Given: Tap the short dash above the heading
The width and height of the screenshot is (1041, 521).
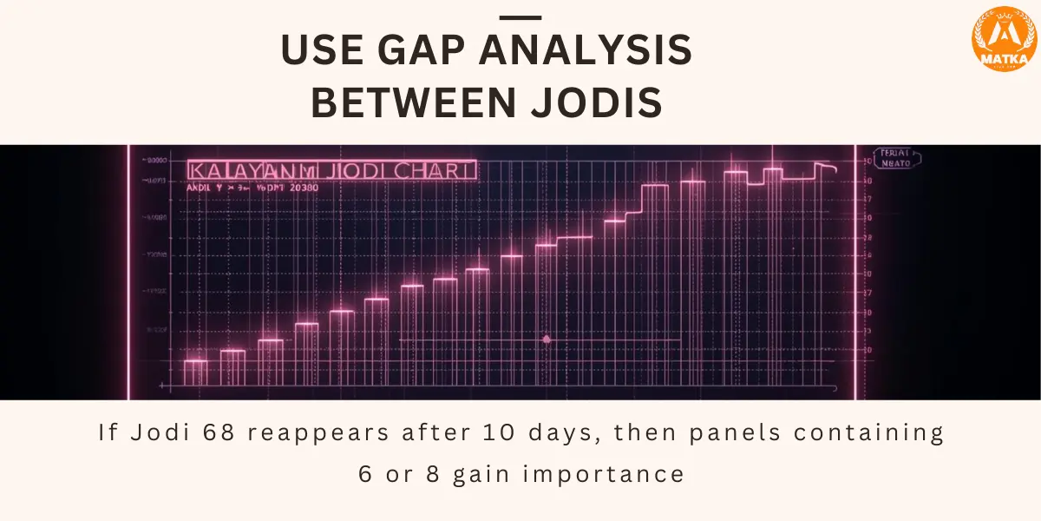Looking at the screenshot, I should pyautogui.click(x=521, y=17).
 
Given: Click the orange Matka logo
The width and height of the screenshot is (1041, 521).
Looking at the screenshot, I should pyautogui.click(x=1004, y=38).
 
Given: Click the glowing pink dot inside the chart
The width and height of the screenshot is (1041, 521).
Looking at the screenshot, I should pyautogui.click(x=546, y=340).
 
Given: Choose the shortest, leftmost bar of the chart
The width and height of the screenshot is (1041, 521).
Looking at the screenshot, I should pyautogui.click(x=195, y=373).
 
